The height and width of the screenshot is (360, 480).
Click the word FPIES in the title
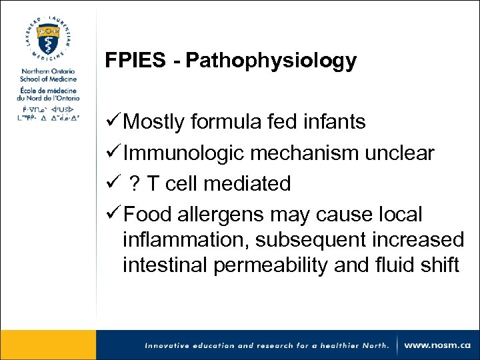tap(135, 61)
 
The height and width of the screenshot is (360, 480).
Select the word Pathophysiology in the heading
tap(271, 61)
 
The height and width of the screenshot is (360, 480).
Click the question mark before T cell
tap(135, 183)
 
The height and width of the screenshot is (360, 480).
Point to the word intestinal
tap(165, 265)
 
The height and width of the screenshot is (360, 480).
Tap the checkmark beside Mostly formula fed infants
tap(113, 122)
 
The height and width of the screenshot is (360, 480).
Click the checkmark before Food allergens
tap(113, 215)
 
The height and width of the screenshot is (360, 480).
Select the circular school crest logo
tap(47, 38)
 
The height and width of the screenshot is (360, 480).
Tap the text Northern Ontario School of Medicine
tap(47, 75)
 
